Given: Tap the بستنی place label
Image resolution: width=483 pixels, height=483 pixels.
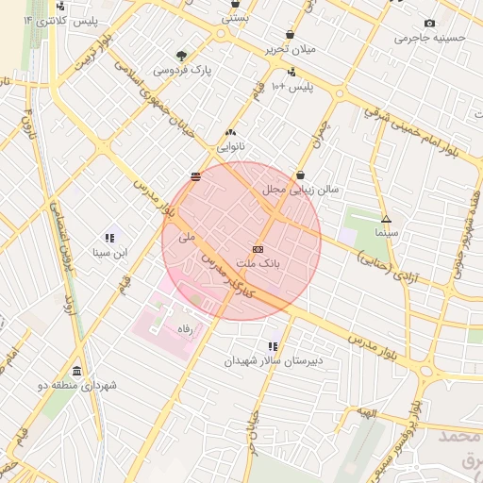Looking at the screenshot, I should tap(235, 17).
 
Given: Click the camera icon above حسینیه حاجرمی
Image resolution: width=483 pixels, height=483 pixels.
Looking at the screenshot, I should tap(430, 23).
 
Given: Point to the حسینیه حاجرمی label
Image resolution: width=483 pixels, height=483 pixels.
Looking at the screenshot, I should tap(430, 38).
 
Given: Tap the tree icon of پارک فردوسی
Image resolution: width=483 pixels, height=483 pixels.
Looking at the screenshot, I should tap(182, 56).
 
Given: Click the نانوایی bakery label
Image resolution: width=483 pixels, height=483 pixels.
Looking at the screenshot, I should tap(231, 147).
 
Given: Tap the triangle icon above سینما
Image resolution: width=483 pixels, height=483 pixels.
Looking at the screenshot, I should tap(386, 218).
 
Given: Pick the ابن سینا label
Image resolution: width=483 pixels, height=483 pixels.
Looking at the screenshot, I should tap(109, 252).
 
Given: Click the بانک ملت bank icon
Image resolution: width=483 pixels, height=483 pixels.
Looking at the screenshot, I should tap(258, 247).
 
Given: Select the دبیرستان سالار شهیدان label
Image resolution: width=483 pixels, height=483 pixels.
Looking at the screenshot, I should tap(274, 360).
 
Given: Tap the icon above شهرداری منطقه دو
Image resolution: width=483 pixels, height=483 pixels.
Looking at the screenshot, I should tap(76, 371).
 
